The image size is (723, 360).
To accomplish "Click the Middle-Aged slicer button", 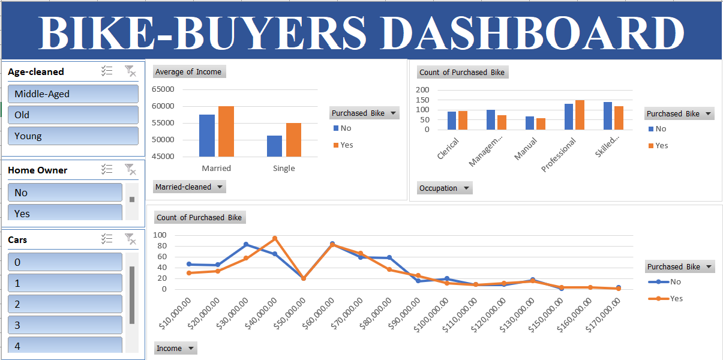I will tap(73, 94).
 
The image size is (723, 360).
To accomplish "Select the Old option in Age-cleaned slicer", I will tap(73, 115).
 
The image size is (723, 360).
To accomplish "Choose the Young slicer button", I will tap(73, 136).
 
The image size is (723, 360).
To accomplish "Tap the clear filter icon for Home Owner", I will tap(130, 170).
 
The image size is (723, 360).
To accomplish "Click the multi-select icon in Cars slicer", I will tap(107, 239).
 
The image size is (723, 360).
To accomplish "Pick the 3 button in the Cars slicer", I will tap(65, 325).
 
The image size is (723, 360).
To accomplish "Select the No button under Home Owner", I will tap(65, 193).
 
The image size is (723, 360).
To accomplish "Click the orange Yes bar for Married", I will tap(226, 131).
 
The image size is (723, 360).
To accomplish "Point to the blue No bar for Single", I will tap(274, 146).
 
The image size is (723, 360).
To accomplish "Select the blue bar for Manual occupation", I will tap(530, 123).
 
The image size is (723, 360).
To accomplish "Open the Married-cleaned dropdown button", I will tap(189, 187).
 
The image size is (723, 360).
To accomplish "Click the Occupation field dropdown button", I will tap(445, 188).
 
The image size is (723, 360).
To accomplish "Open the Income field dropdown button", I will tap(175, 348).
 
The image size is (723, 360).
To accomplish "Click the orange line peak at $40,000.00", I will tap(275, 238).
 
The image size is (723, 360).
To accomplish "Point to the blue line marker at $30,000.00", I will tap(246, 244).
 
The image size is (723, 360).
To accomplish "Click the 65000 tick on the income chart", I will tap(163, 89).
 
